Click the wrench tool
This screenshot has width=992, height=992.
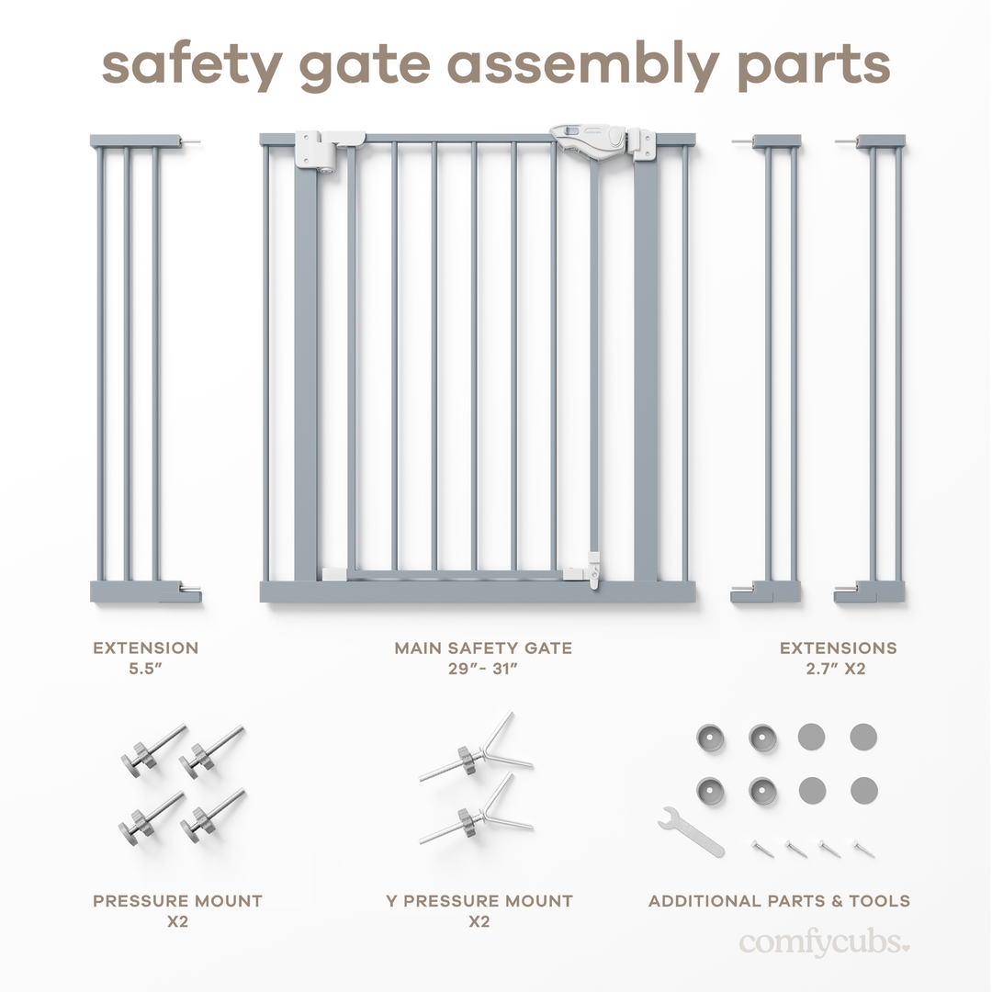[x=690, y=830]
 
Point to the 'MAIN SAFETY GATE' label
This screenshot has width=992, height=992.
[x=483, y=648]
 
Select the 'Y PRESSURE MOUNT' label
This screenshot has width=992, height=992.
[x=479, y=901]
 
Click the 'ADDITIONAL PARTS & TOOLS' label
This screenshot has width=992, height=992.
[x=779, y=901]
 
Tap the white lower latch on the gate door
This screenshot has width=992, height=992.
[x=594, y=569]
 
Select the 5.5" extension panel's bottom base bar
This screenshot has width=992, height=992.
[x=145, y=592]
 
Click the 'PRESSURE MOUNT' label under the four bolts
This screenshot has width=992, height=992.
[x=177, y=901]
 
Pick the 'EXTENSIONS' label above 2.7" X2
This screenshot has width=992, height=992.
[x=838, y=648]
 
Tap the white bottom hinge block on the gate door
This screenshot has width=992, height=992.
[x=334, y=574]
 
